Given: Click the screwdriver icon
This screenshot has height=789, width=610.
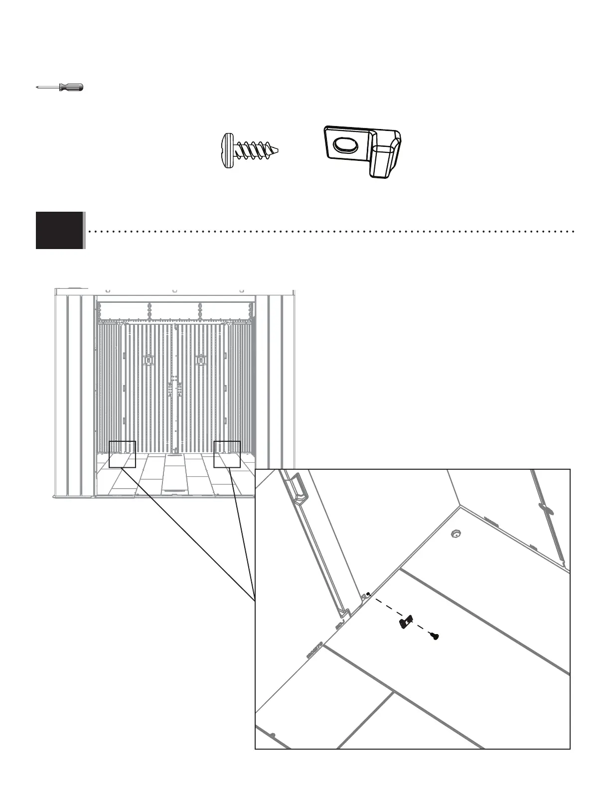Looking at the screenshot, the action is (60, 88).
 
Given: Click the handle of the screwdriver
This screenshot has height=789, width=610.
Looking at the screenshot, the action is (71, 88).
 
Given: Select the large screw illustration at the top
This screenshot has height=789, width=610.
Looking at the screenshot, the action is (249, 149).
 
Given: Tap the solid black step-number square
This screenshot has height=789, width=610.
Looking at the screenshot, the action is (59, 230).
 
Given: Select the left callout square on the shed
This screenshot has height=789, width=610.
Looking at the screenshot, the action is (122, 454).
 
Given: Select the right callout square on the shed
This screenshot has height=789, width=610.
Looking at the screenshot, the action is (227, 454).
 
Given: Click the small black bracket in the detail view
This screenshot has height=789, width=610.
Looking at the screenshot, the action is (406, 622).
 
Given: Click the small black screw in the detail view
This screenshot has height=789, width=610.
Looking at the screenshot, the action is (435, 636).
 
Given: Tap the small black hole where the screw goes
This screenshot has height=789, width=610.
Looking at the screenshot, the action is (368, 594).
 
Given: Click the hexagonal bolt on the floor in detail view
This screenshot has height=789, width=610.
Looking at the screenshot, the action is (454, 534).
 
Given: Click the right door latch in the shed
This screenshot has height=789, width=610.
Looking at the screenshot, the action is (201, 360).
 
